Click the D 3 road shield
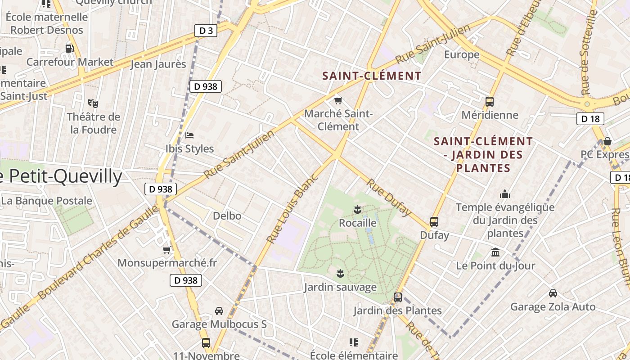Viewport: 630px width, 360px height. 206,31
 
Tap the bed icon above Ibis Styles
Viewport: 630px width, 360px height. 189,135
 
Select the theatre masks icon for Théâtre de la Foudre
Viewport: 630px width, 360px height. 93,103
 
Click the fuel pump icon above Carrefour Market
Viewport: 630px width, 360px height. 69,48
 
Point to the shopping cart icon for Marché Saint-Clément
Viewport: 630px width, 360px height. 338,100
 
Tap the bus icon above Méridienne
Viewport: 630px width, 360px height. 490,102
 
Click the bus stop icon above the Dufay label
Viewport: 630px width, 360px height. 434,221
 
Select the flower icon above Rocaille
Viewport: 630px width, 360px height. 357,209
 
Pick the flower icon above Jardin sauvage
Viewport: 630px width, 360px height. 340,273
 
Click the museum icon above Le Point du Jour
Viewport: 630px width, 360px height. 495,252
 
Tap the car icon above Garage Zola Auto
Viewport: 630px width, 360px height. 553,293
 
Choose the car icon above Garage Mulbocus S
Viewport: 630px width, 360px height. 219,310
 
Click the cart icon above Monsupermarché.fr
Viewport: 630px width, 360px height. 167,249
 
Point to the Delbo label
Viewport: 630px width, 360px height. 227,216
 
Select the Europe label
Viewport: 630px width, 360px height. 462,55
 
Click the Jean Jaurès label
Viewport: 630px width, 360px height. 158,64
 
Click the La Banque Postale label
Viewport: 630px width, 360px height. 46,201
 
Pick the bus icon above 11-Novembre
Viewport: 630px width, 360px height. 206,343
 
